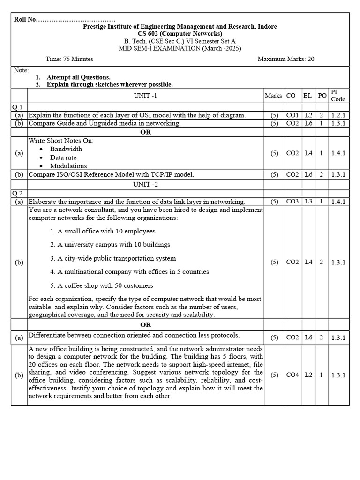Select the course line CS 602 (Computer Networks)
pyautogui.click(x=180, y=34)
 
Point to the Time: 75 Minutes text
pyautogui.click(x=69, y=59)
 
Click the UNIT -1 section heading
pyautogui.click(x=145, y=96)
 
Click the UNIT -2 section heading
pyautogui.click(x=145, y=184)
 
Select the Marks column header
pyautogui.click(x=273, y=96)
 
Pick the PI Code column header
pyautogui.click(x=337, y=96)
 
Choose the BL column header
pyautogui.click(x=307, y=96)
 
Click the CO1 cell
pyautogui.click(x=292, y=115)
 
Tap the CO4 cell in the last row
pyautogui.click(x=292, y=375)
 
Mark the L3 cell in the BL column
pyautogui.click(x=308, y=202)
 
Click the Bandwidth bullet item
pyautogui.click(x=66, y=149)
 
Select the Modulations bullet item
pyautogui.click(x=68, y=166)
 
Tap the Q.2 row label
pyautogui.click(x=17, y=193)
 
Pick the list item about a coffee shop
pyautogui.click(x=101, y=285)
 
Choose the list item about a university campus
pyautogui.click(x=110, y=245)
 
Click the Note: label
pyautogui.click(x=22, y=69)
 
